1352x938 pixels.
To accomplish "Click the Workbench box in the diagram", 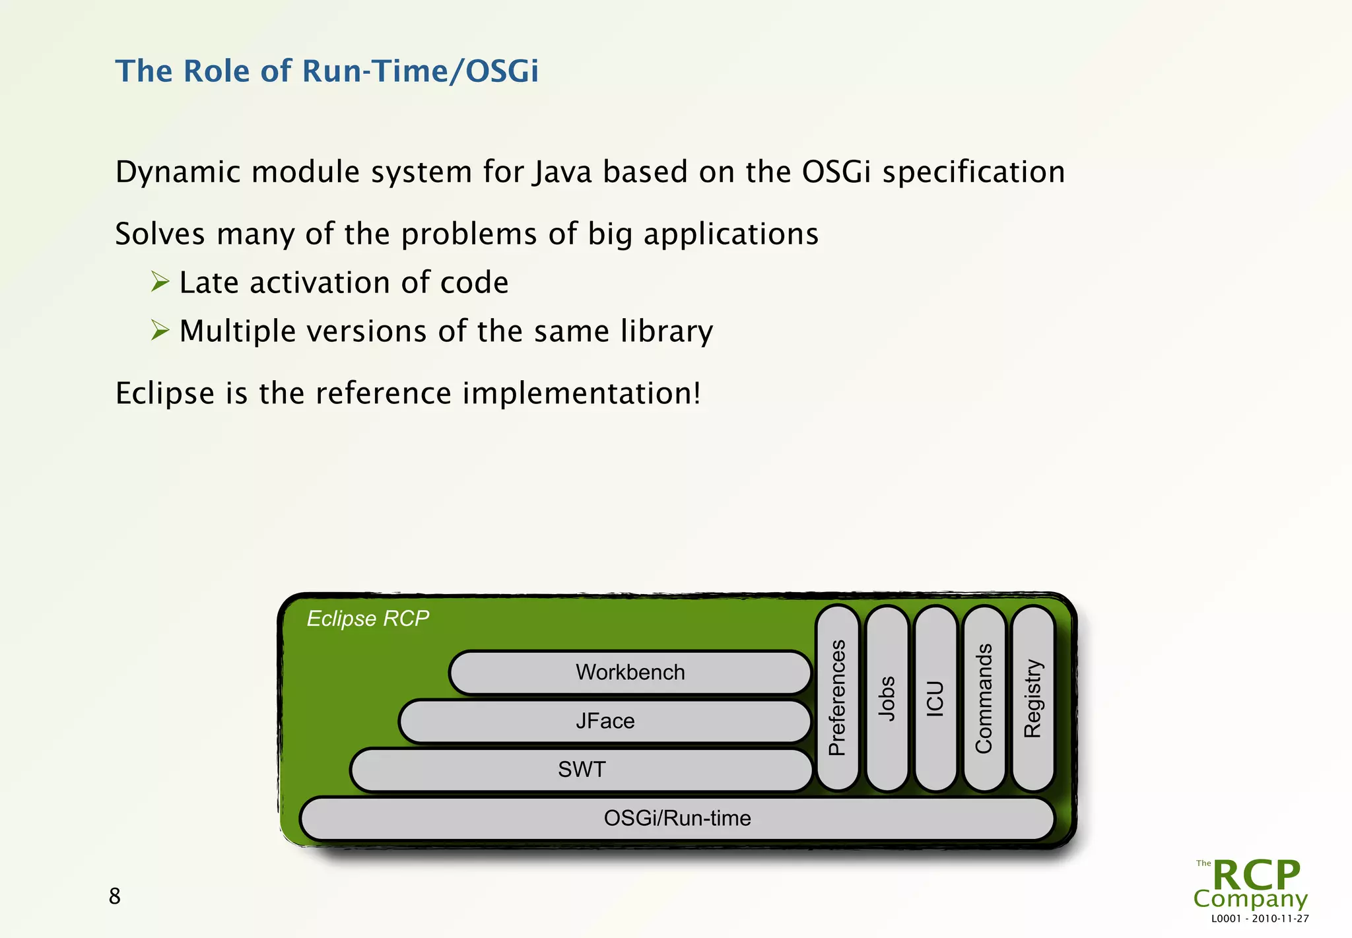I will click(630, 673).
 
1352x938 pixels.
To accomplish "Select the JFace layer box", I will click(605, 721).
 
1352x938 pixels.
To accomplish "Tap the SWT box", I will click(581, 770).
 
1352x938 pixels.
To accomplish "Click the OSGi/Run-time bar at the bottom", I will click(677, 819).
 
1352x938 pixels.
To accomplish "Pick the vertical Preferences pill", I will click(837, 698).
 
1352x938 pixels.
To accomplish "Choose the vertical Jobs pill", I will click(887, 698).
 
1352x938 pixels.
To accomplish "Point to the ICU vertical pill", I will click(935, 698).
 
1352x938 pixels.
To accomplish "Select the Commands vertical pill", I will click(984, 698).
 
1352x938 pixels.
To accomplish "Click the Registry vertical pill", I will click(1032, 698).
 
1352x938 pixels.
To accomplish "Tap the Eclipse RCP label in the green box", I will click(368, 619).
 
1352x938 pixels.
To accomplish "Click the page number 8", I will click(114, 896).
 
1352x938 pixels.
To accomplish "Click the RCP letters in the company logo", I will click(1256, 875).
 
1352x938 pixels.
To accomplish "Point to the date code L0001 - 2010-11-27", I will click(1260, 919).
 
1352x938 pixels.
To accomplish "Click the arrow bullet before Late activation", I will click(160, 282).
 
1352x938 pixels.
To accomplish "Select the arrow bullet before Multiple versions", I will click(160, 330).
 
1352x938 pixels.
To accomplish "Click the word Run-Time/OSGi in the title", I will click(420, 71).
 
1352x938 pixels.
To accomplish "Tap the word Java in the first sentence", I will click(562, 172).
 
